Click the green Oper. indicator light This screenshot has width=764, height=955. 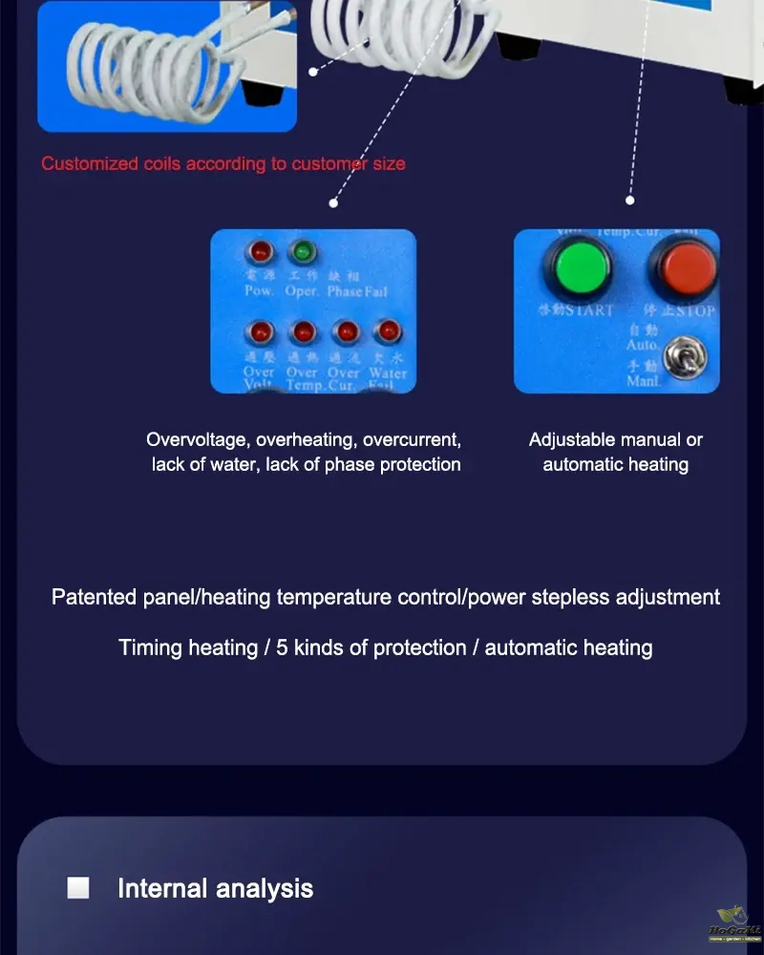coord(303,252)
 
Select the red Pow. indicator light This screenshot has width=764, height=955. coord(259,252)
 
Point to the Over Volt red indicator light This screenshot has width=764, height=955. coord(259,332)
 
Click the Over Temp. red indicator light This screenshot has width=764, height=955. coord(303,332)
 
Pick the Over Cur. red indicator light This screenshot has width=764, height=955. coord(345,332)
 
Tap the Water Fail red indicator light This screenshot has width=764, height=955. coord(387,332)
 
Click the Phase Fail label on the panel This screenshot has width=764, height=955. coord(357,290)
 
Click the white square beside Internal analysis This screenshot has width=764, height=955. coord(78,888)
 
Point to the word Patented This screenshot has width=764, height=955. coord(94,598)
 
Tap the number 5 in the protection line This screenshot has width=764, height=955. coord(282,647)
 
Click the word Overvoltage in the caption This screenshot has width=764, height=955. coord(197,440)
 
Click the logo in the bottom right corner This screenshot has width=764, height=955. coord(733,925)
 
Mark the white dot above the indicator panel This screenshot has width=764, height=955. coord(333,202)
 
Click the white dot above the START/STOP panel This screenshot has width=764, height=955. coord(630,201)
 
